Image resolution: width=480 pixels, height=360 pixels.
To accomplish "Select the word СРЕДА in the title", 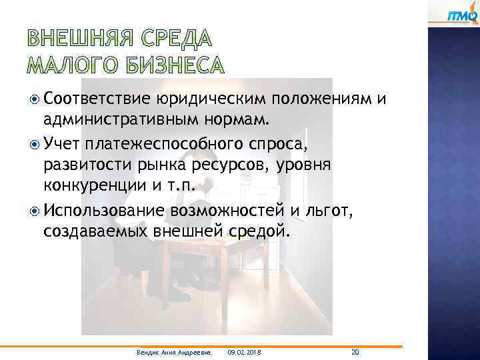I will coord(177,39).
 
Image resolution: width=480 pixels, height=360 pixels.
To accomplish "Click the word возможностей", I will coord(227,211).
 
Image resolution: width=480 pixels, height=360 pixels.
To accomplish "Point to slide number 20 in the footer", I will coord(355,351).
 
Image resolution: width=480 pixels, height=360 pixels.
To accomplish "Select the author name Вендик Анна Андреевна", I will coord(172,352).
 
